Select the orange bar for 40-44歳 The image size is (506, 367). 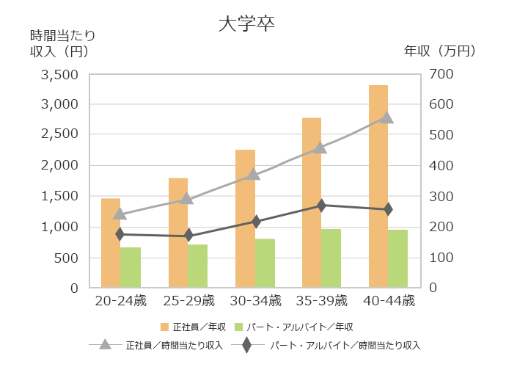coord(378,186)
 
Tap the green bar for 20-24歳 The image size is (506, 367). coord(130,267)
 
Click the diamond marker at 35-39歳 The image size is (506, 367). coord(320,206)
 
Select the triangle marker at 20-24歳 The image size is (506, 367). coord(120,214)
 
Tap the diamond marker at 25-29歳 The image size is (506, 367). coord(188,236)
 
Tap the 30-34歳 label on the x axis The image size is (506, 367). coord(254,300)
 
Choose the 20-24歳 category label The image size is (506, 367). coord(120,300)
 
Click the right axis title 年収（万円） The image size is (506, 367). coord(441,51)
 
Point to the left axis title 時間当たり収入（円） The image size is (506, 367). coord(62,43)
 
